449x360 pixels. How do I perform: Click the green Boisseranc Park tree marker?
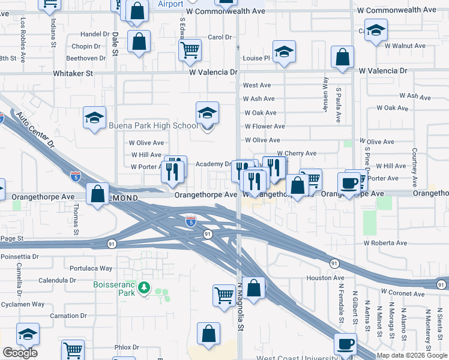143,289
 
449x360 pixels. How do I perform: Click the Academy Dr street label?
213,164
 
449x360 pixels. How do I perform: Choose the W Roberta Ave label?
385,243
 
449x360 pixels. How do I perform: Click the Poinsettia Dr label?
19,256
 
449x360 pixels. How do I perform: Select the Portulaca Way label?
91,268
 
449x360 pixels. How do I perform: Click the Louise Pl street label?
256,58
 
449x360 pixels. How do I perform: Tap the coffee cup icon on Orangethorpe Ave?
349,182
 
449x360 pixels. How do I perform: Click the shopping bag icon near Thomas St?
97,194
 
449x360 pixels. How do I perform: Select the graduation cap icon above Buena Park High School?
207,113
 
